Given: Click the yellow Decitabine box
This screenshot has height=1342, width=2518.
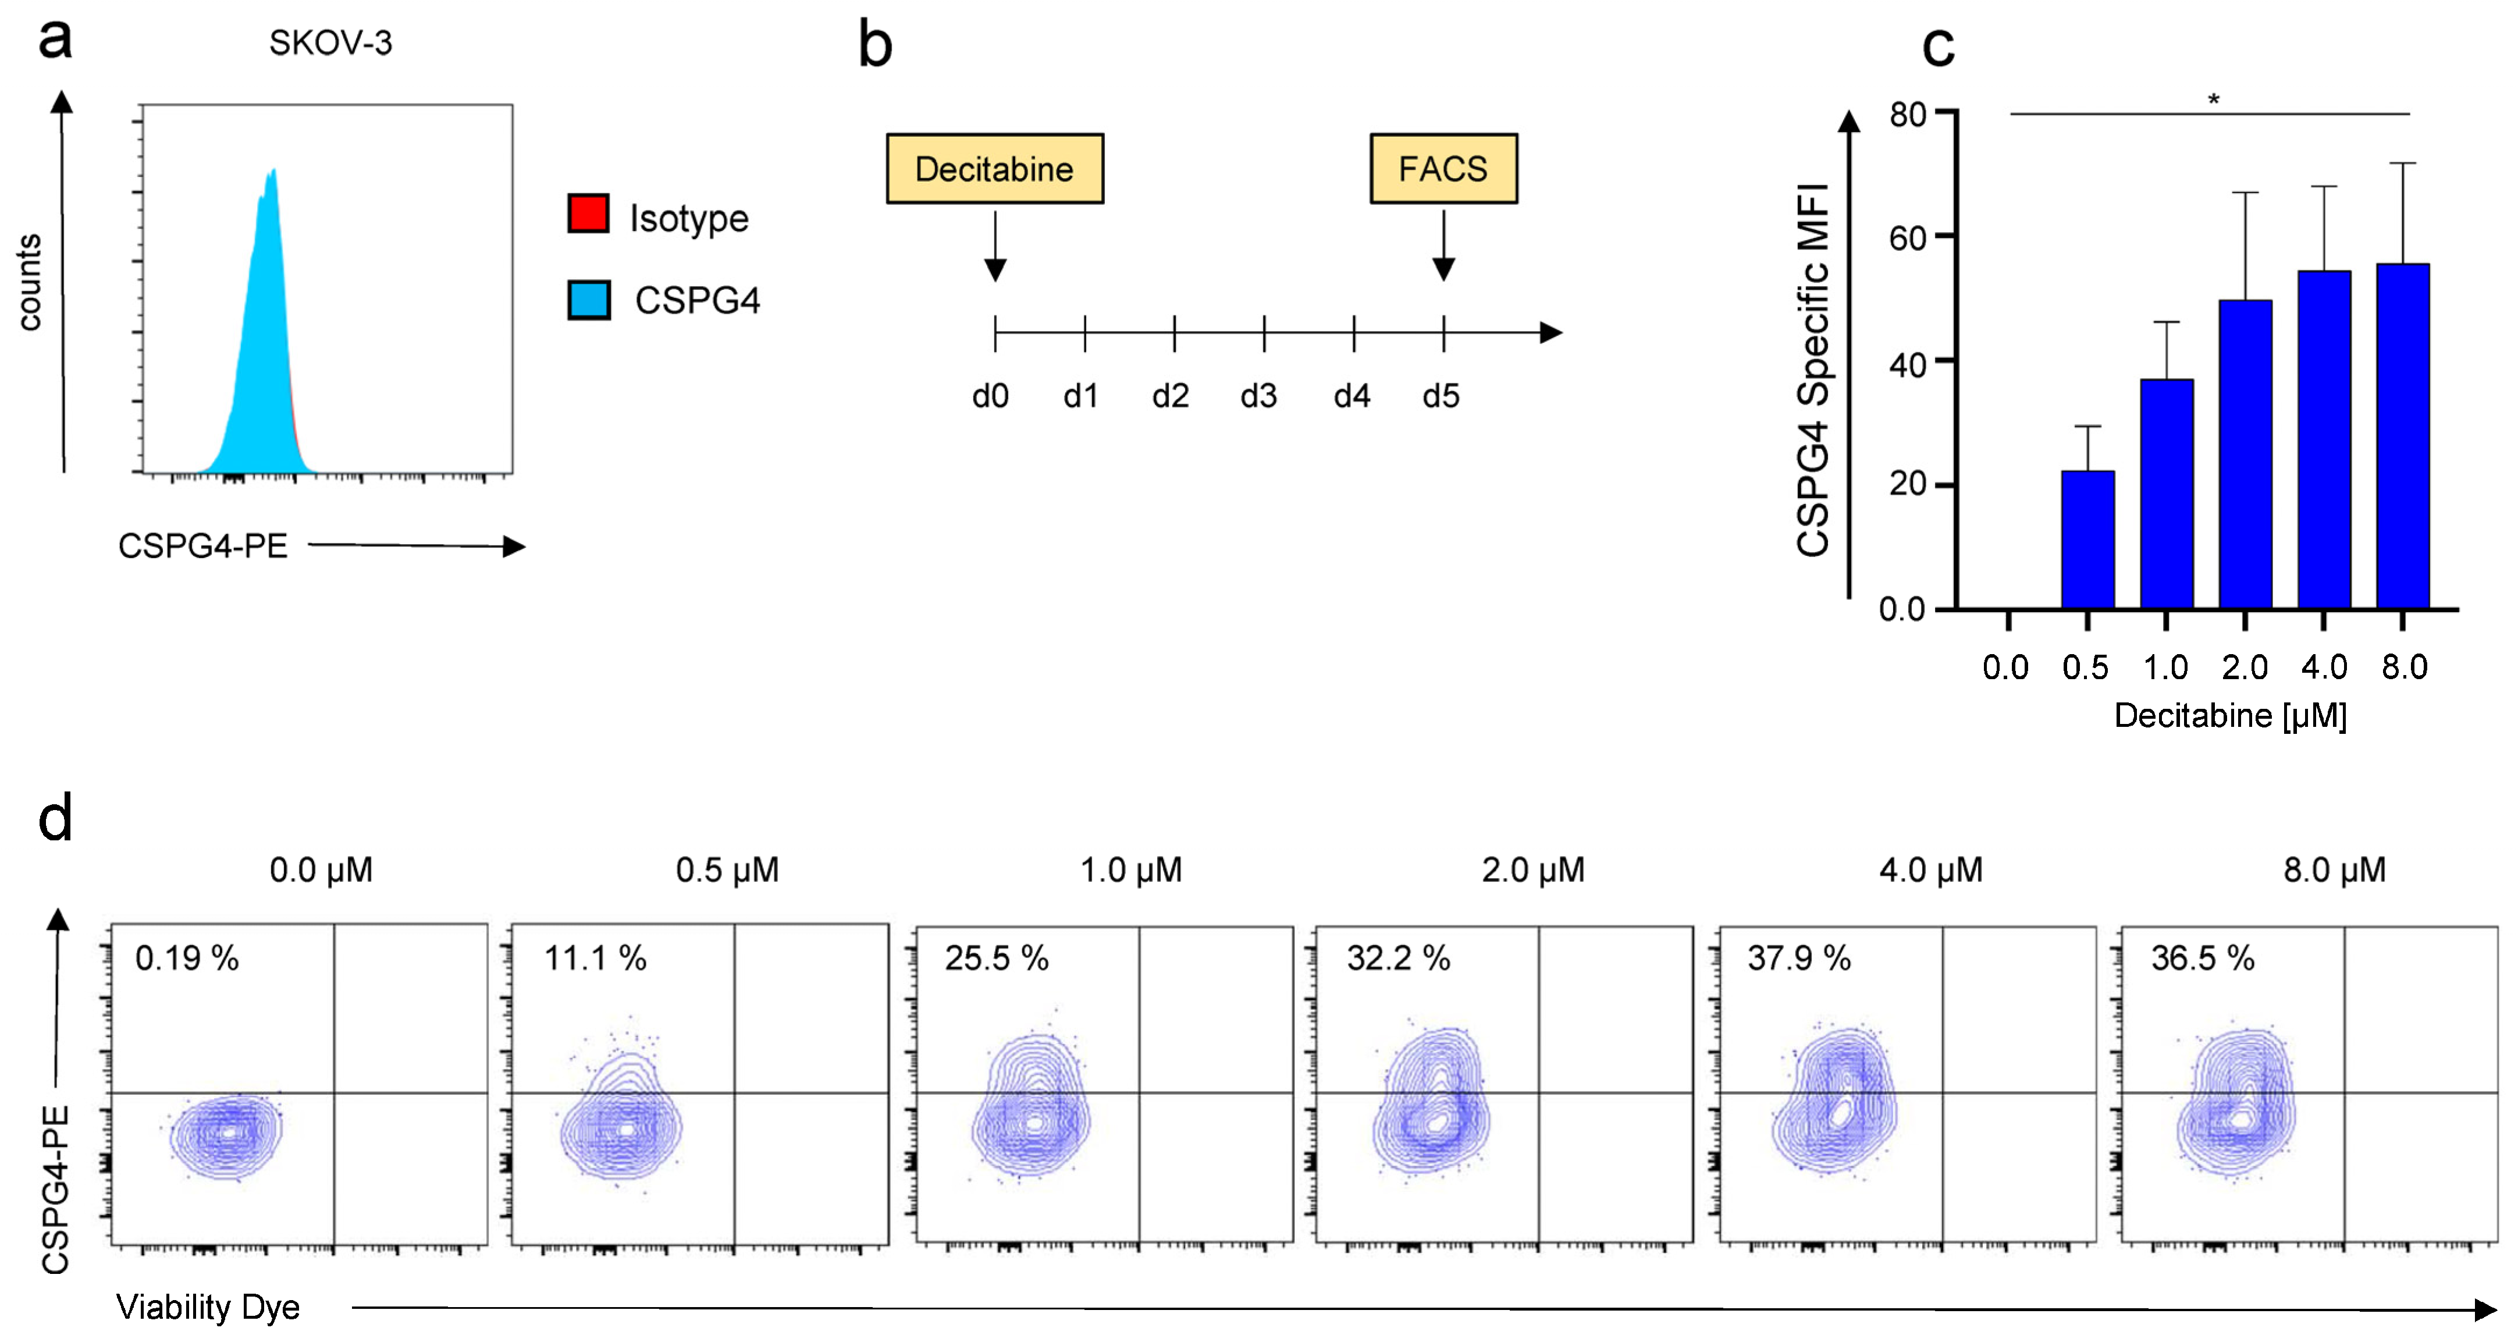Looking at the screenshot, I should pos(994,169).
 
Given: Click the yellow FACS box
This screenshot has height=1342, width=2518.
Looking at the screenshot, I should pos(1443,169).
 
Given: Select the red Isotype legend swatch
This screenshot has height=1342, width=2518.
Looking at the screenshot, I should pos(588,213).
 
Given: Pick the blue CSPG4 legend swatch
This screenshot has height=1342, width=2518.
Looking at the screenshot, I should pos(588,299).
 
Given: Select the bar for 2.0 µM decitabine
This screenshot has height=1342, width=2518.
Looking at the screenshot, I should pos(2245,455).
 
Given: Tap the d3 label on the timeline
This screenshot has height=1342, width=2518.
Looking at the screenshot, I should pos(1258,396).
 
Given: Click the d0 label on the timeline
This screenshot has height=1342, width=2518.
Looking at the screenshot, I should pos(990,396).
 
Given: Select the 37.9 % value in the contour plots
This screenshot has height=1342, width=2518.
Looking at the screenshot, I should pos(1798,958).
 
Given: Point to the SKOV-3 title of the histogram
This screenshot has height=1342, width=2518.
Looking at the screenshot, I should pos(330,43).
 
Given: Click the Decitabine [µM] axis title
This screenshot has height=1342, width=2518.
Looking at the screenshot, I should pos(2229,715).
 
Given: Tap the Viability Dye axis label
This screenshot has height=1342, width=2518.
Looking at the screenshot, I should pos(207,1307).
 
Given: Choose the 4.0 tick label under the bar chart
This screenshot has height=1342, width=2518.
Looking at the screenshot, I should pos(2324,668).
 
